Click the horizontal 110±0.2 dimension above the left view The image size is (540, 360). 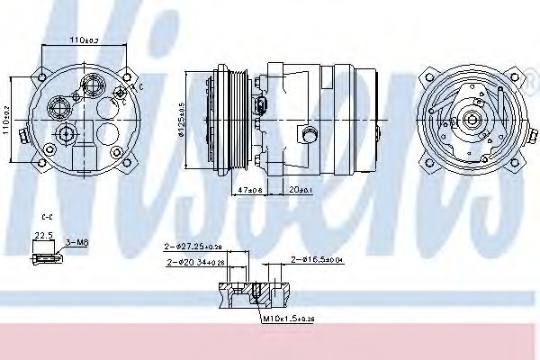tap(86, 40)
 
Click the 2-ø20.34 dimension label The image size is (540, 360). tap(196, 262)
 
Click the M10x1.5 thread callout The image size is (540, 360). tap(285, 319)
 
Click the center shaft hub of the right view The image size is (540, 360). tap(468, 120)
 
